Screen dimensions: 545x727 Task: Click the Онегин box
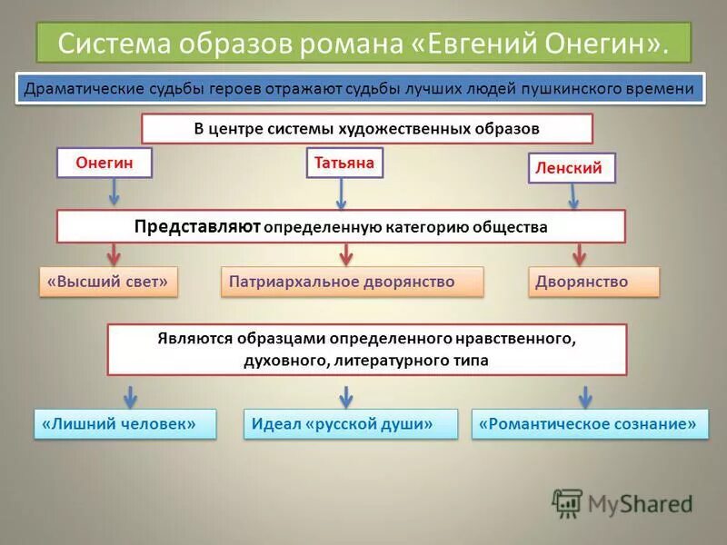coord(105,163)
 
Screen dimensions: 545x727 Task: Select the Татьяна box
coord(344,163)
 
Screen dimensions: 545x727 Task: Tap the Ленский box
coord(572,168)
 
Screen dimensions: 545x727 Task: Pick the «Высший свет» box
coord(108,282)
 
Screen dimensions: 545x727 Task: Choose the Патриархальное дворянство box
coord(353,282)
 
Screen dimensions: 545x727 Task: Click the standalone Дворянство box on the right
coord(593,282)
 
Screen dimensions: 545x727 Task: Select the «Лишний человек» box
coord(126,424)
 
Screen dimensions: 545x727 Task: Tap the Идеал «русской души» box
coord(351,424)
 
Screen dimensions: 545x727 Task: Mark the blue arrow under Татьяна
coord(342,193)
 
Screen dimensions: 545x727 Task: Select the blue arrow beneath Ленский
coord(573,195)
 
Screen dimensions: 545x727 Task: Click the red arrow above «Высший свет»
coord(114,253)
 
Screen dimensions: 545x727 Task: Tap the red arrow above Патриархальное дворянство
coord(344,253)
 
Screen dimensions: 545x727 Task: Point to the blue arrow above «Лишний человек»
coord(130,396)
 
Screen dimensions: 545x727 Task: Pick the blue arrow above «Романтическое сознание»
coord(586,396)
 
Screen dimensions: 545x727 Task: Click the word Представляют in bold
coord(197,226)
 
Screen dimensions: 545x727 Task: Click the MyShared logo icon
coord(568,502)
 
